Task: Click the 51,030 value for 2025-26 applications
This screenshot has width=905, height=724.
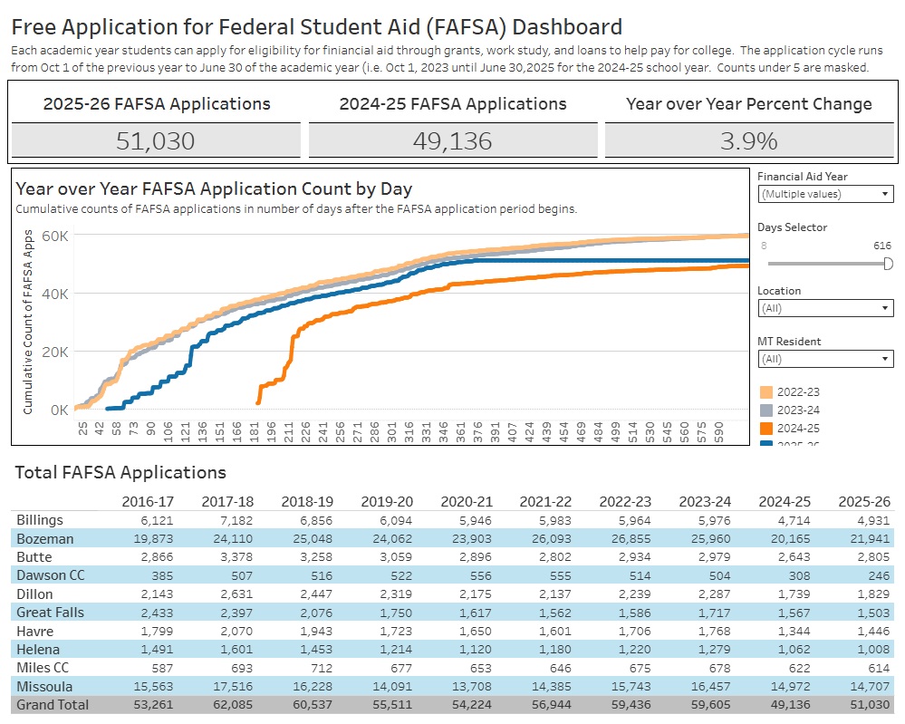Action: (155, 140)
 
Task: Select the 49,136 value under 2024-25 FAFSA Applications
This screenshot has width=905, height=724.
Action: (452, 140)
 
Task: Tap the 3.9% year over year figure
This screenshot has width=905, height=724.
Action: (748, 140)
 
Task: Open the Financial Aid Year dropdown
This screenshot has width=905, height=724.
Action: (824, 194)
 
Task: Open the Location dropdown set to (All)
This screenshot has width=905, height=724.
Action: (824, 308)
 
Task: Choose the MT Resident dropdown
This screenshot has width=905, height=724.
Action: (824, 359)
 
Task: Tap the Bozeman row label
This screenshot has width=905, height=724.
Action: (45, 539)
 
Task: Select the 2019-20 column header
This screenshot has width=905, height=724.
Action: (388, 501)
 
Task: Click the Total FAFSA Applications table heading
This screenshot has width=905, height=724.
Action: (121, 472)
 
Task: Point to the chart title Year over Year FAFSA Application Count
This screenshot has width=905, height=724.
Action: (214, 188)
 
